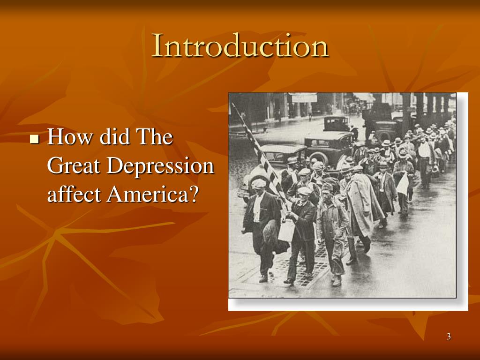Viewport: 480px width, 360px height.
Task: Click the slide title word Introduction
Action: pos(240,46)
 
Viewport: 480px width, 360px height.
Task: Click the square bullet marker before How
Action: pos(34,139)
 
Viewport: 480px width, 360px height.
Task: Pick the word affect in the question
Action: pos(74,194)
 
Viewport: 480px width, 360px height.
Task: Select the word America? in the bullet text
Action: pos(150,194)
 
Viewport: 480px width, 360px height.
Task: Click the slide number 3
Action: pos(449,336)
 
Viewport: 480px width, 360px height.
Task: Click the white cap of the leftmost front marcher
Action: pos(258,183)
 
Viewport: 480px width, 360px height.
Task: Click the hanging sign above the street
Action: pos(304,98)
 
